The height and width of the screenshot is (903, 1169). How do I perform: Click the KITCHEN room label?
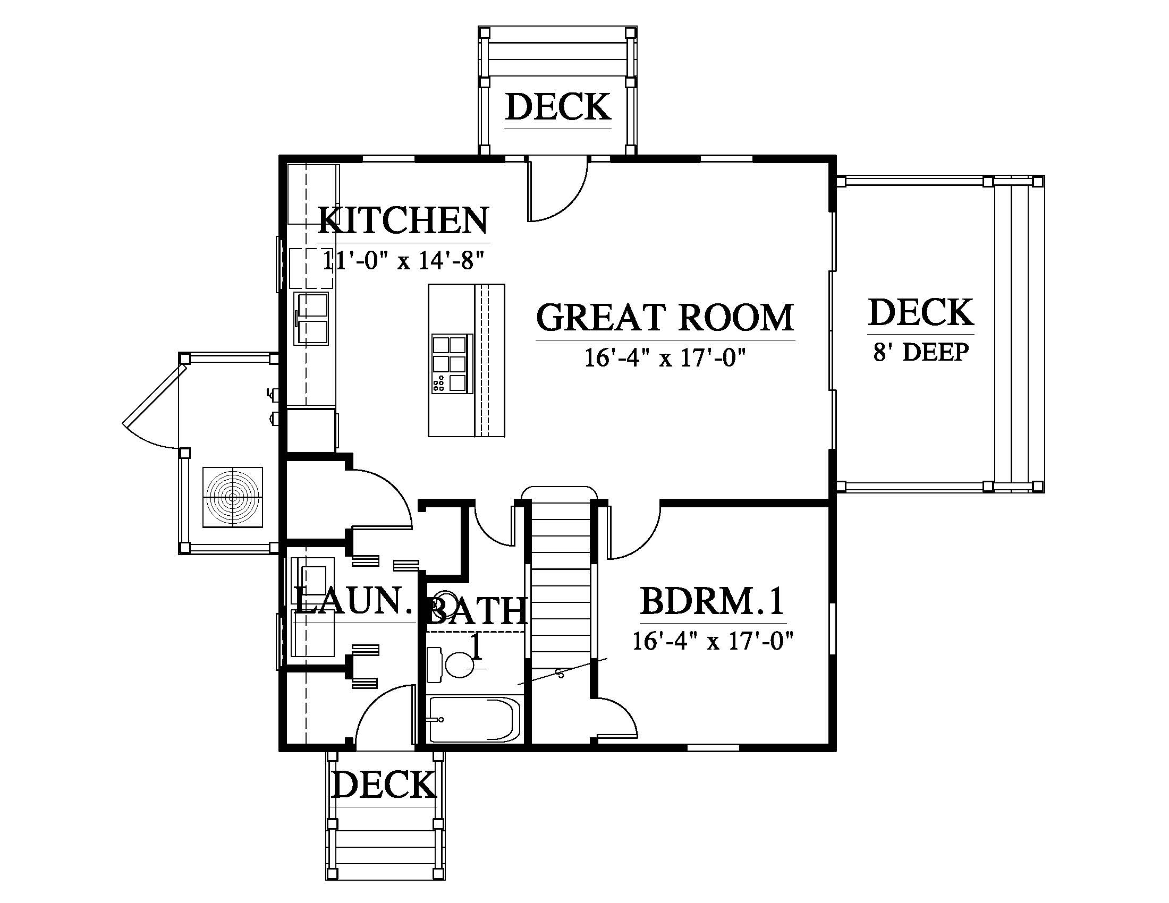point(403,220)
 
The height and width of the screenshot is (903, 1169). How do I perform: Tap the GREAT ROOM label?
point(665,317)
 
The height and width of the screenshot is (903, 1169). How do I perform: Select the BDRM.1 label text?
point(713,601)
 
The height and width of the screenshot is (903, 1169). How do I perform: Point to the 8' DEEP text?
point(921,353)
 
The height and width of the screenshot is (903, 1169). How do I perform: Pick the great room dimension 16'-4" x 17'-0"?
point(665,358)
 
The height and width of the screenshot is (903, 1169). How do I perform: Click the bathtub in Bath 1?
point(474,720)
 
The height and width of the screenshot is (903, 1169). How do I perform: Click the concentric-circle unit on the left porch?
point(233,498)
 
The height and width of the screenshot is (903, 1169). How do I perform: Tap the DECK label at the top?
point(558,107)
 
